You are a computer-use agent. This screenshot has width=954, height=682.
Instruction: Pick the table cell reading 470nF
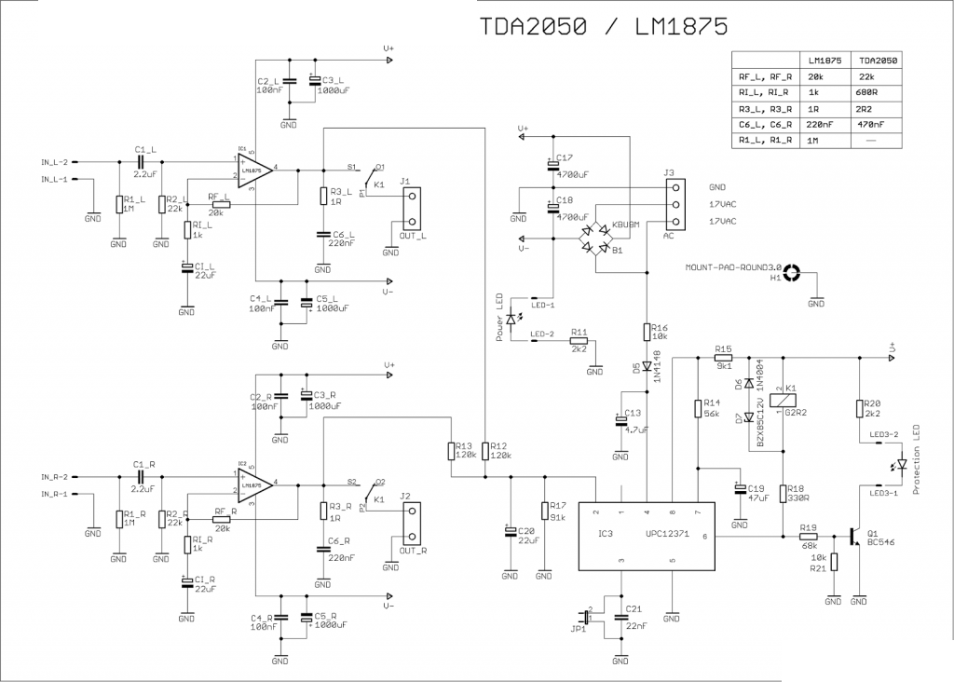click(871, 124)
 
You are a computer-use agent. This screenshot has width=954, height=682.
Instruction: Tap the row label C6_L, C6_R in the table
click(764, 124)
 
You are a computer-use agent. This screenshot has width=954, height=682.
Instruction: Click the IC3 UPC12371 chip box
click(647, 536)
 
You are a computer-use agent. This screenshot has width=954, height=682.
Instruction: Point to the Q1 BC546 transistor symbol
click(854, 537)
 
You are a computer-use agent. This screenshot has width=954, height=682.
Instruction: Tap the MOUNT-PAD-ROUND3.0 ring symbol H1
click(792, 274)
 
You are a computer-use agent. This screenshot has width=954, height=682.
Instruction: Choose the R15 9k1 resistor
click(724, 357)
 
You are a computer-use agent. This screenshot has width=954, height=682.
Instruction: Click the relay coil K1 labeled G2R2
click(784, 399)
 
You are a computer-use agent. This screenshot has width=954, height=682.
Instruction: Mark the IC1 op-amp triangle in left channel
click(252, 170)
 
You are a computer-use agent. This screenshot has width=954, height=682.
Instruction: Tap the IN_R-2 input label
click(54, 476)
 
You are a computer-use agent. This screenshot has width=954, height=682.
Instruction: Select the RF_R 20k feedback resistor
click(221, 520)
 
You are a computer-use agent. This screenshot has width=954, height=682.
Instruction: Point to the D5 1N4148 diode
click(647, 366)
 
